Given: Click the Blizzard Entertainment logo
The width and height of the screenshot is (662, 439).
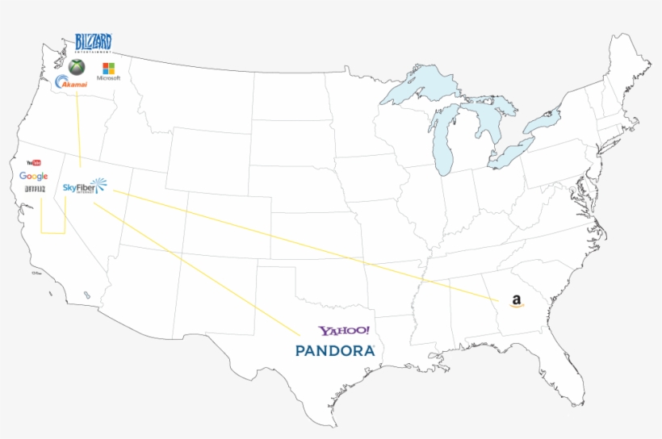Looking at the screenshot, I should click(x=93, y=42).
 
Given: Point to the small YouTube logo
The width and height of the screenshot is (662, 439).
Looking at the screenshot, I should click(x=33, y=162).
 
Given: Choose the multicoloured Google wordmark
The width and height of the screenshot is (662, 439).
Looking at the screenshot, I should click(x=34, y=176).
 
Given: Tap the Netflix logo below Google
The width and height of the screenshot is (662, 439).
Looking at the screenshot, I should click(x=34, y=189).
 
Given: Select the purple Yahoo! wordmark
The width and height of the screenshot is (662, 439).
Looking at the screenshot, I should click(x=344, y=331).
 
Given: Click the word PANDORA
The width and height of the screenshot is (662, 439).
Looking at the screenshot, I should click(x=335, y=351).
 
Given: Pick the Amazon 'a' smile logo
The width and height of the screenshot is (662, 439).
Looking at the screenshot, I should click(x=517, y=302).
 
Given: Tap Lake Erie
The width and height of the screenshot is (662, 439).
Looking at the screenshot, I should click(x=513, y=153).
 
